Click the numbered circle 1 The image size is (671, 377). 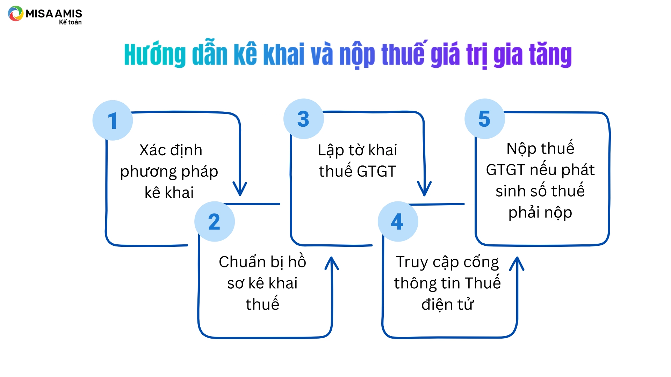(113, 120)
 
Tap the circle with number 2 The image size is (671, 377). (215, 221)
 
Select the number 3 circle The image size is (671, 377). (304, 119)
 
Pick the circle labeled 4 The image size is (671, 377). (398, 221)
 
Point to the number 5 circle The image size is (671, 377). (485, 119)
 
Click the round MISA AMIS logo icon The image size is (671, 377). (16, 14)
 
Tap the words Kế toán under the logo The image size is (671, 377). (70, 22)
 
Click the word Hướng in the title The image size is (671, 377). (155, 54)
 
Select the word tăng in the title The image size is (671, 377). (550, 54)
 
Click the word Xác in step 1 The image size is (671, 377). (152, 150)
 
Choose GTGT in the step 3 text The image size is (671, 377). (376, 171)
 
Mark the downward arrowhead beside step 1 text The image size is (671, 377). (240, 189)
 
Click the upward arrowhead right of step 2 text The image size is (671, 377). (332, 264)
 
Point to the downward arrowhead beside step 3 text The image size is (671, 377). (424, 189)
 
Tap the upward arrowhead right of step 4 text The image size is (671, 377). (517, 264)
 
